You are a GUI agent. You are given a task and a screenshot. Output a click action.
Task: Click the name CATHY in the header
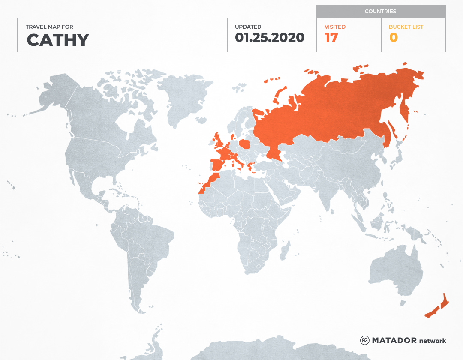(58, 40)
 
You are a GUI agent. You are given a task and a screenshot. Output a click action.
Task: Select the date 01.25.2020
(270, 38)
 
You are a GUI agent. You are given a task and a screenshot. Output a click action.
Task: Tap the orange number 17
(331, 38)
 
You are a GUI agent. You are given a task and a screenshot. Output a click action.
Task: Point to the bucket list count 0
(393, 38)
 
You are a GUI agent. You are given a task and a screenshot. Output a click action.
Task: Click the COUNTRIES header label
(380, 12)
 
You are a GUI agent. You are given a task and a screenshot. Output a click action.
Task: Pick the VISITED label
(335, 27)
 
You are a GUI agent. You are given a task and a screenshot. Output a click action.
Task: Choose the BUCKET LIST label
(406, 27)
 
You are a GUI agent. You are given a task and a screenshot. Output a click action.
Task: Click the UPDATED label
(248, 27)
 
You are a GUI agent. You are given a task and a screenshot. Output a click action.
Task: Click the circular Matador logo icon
(364, 340)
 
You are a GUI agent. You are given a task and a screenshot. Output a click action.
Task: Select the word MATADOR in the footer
(394, 340)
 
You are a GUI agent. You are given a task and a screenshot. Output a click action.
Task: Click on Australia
(394, 270)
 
